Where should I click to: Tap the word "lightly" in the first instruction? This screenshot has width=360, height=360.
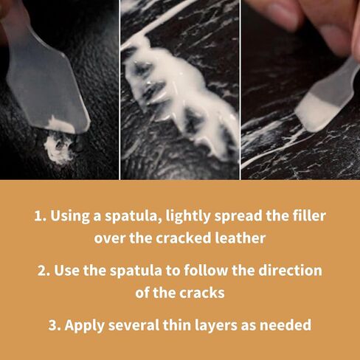pyautogui.click(x=188, y=216)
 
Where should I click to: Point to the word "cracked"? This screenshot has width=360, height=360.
pyautogui.click(x=183, y=238)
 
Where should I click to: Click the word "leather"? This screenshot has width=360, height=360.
pyautogui.click(x=240, y=238)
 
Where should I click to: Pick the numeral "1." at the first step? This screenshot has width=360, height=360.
pyautogui.click(x=41, y=215)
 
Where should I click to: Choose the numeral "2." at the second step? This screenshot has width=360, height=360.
pyautogui.click(x=44, y=270)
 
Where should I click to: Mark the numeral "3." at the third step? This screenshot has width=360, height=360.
pyautogui.click(x=55, y=325)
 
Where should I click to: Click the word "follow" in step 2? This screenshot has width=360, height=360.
pyautogui.click(x=207, y=270)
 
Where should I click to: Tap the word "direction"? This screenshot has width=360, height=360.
pyautogui.click(x=290, y=270)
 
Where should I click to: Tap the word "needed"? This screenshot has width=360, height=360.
pyautogui.click(x=285, y=325)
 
